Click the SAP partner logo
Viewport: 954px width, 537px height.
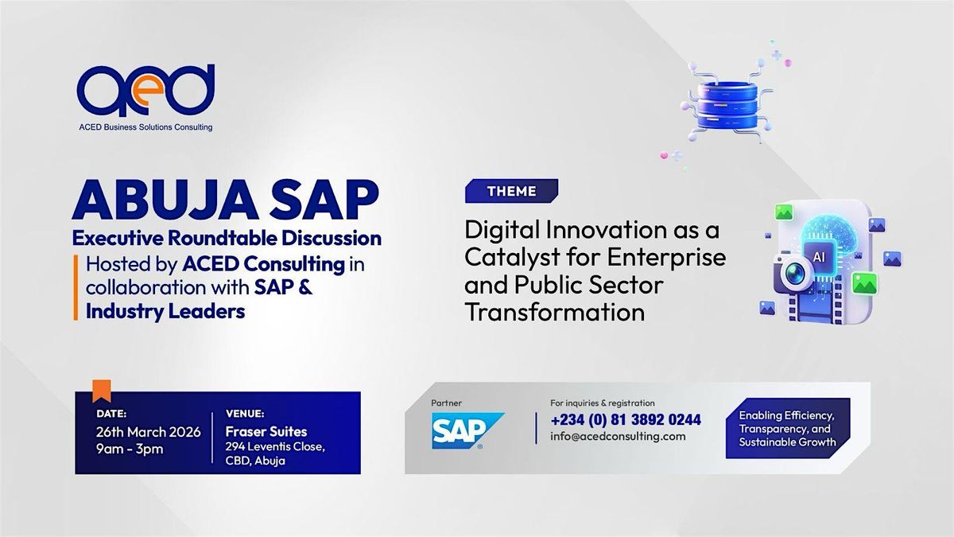coord(467,430)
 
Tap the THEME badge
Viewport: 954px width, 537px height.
coord(511,191)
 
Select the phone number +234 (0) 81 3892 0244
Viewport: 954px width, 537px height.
coord(626,420)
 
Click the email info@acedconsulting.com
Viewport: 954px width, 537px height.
coord(618,437)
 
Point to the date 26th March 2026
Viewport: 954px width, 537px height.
coord(148,432)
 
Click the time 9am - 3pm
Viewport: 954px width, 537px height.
coord(130,449)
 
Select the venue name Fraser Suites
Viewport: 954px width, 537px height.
coord(266,431)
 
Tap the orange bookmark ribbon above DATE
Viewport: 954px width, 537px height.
coord(102,391)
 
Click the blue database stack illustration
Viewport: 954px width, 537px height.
coord(727,105)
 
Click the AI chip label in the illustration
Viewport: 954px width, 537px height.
coord(818,257)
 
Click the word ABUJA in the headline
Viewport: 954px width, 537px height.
coord(165,200)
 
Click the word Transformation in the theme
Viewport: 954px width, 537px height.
coord(555,312)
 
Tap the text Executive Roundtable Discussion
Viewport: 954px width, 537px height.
coord(227,238)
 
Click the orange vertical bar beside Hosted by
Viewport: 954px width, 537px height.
coord(76,287)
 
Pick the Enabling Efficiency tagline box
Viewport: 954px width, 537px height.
coord(788,428)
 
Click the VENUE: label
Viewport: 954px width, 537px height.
coord(245,414)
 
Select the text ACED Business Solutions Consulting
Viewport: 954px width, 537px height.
coord(145,127)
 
